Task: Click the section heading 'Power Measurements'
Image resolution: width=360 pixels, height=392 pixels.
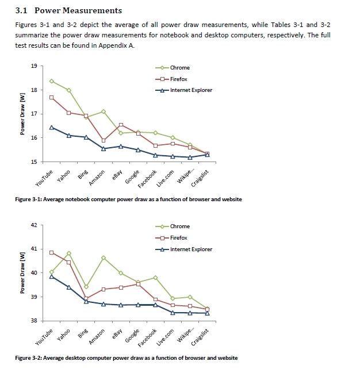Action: (78, 10)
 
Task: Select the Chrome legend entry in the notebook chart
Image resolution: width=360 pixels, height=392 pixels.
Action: (179, 68)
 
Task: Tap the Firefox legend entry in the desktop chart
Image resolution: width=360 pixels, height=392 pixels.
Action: (179, 238)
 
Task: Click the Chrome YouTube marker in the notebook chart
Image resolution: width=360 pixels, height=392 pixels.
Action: (52, 81)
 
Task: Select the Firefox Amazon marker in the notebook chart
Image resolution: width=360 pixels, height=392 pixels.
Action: (104, 140)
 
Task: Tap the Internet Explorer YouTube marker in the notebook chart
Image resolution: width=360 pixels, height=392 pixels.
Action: (52, 127)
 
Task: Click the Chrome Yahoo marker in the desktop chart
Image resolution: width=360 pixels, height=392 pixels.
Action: (69, 253)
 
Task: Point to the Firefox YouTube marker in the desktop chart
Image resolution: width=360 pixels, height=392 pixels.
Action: (52, 252)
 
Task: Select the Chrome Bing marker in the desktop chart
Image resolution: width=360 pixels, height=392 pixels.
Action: (86, 286)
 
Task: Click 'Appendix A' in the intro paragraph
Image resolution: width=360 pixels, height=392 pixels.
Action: (116, 45)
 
